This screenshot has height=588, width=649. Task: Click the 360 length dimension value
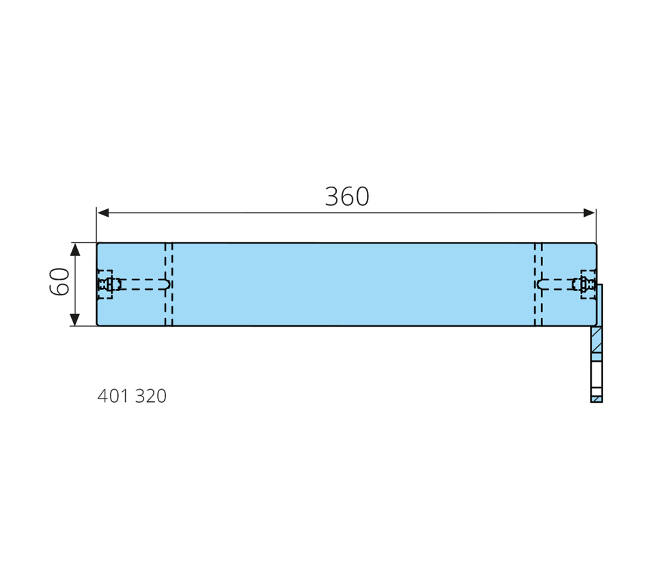[347, 196]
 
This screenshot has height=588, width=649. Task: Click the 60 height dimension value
[59, 282]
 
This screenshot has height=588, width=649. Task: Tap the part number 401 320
[132, 396]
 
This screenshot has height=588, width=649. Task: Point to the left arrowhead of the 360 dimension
[103, 213]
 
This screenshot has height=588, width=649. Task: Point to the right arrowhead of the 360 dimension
[590, 213]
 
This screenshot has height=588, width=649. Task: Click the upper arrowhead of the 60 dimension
[75, 250]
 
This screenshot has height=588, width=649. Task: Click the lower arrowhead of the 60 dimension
[75, 319]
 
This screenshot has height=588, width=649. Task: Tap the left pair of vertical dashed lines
[169, 284]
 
